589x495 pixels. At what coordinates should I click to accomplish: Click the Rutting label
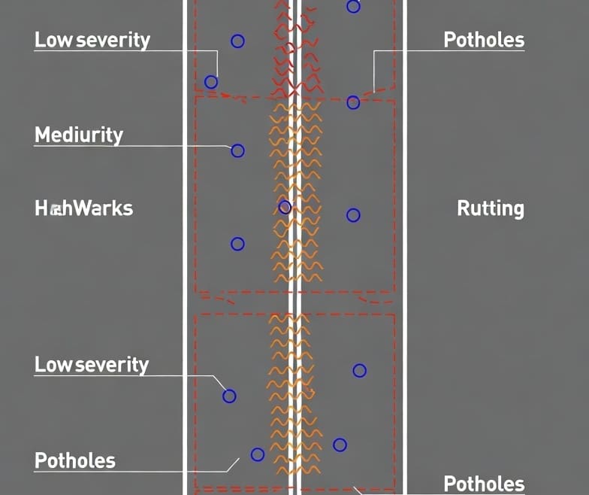[491, 208]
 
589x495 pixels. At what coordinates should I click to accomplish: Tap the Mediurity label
[79, 135]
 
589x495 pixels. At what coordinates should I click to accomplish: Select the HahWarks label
[84, 208]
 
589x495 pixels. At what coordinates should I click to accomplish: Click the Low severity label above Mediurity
[92, 40]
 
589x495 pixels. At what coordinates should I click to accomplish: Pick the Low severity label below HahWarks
[92, 365]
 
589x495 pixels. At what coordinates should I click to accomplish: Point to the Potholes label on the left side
[75, 460]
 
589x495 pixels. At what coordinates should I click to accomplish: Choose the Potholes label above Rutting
[484, 40]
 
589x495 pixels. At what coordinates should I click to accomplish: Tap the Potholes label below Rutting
[484, 484]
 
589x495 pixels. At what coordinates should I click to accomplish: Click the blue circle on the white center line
[285, 207]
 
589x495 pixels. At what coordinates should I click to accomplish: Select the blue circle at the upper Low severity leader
[211, 82]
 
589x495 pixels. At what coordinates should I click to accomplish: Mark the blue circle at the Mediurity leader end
[237, 150]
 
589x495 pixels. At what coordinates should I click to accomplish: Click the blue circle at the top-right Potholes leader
[353, 102]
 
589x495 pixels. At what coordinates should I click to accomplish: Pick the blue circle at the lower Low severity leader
[229, 396]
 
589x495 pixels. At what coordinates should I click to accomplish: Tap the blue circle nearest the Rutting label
[353, 215]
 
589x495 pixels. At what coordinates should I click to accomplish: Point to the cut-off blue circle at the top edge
[353, 7]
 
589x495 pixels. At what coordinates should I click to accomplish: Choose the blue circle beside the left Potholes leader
[258, 454]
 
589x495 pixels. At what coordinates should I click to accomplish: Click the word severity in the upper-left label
[112, 40]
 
